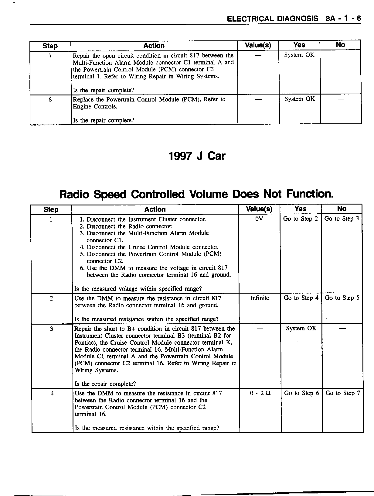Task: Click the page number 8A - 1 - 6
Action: (343, 19)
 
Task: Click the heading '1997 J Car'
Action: (197, 156)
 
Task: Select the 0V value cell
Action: (259, 219)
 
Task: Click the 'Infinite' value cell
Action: (260, 298)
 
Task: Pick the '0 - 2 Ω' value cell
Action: (260, 393)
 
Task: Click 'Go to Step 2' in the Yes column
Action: (301, 219)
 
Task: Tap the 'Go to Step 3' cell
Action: (342, 219)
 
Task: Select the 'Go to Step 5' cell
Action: (342, 298)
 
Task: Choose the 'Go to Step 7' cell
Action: (343, 393)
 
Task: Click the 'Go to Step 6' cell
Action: (301, 393)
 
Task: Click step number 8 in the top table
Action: (50, 99)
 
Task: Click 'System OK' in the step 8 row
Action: (300, 99)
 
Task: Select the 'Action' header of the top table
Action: (154, 46)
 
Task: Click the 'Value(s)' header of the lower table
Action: (259, 209)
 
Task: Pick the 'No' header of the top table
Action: (340, 45)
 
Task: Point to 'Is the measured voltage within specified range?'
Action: (138, 289)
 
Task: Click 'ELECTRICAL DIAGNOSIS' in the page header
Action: (273, 19)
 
